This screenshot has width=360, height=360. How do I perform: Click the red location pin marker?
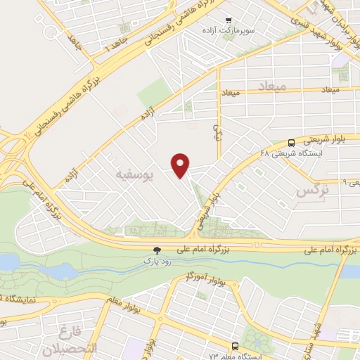181,165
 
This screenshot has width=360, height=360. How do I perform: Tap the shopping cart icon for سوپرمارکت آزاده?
229,22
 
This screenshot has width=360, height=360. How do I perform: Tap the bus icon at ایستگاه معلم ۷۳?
234,347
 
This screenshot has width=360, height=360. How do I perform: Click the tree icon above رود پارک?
157,250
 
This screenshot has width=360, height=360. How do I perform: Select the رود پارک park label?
157,260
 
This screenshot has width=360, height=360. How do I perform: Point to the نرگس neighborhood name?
311,191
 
